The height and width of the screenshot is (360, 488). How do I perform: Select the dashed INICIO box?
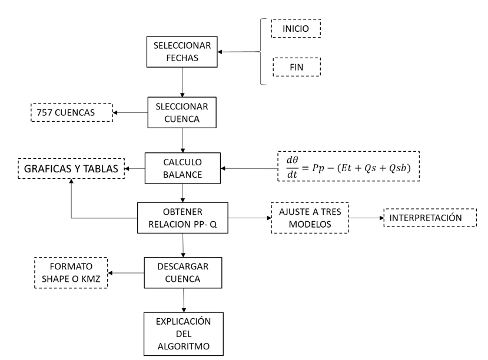coord(296,28)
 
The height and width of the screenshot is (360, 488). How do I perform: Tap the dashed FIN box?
coord(296,66)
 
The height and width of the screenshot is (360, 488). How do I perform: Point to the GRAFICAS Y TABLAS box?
coord(71,169)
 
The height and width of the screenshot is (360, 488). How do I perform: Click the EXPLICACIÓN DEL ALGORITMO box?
coord(185,334)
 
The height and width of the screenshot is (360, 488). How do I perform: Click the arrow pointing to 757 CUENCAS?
coord(130,112)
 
